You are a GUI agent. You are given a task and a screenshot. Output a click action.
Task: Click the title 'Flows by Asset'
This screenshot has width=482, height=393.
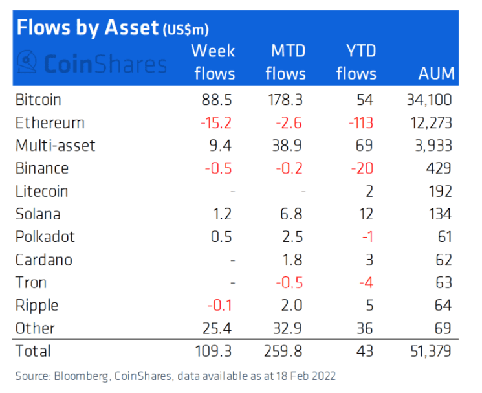pyautogui.click(x=87, y=27)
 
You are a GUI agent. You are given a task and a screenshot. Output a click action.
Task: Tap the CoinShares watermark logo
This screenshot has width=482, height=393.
pyautogui.click(x=91, y=63)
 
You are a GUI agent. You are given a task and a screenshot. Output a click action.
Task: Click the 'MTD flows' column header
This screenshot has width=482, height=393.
pyautogui.click(x=285, y=62)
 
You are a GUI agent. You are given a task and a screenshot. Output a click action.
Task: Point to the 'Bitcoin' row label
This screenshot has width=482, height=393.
pyautogui.click(x=38, y=100)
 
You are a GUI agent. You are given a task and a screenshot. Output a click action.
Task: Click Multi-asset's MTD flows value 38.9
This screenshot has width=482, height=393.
pyautogui.click(x=290, y=146)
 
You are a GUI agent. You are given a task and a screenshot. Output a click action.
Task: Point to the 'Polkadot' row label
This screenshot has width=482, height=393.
pyautogui.click(x=45, y=237)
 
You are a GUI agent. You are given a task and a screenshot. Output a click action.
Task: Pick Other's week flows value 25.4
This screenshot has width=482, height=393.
pyautogui.click(x=218, y=328)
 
